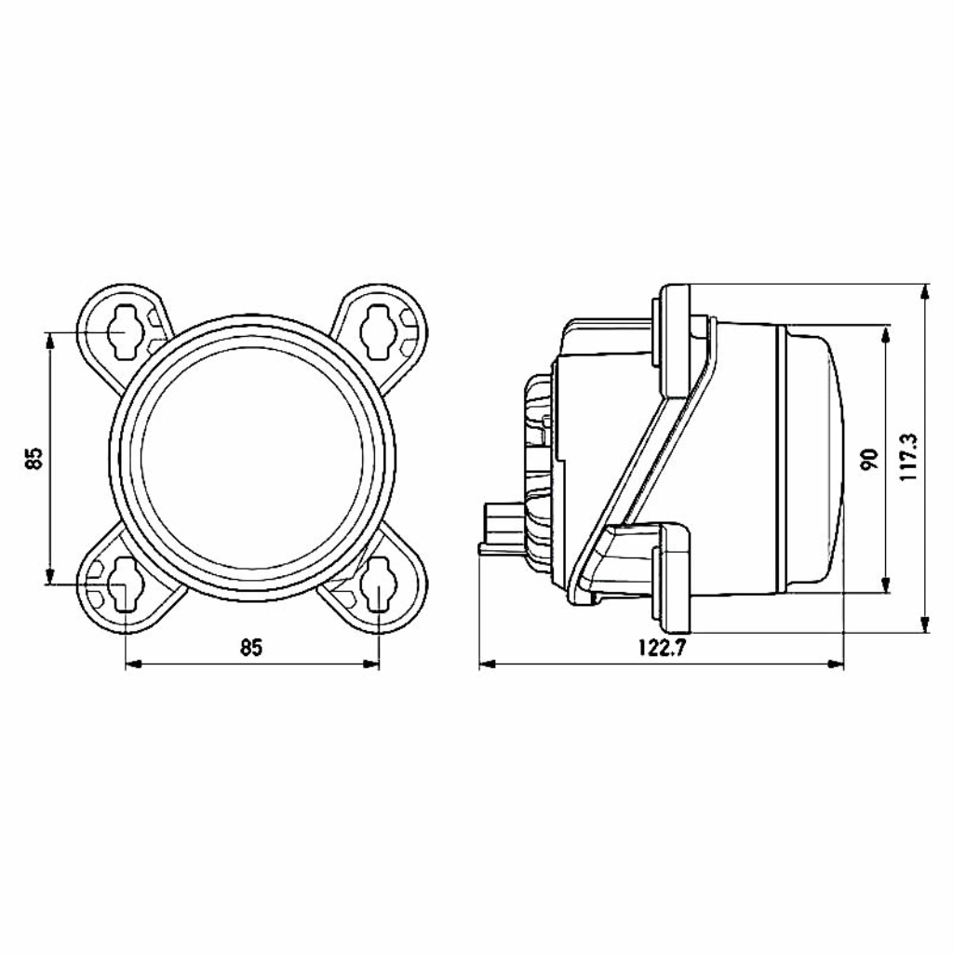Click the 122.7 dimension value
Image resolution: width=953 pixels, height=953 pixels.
pyautogui.click(x=662, y=648)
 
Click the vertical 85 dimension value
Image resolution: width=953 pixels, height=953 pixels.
pyautogui.click(x=34, y=458)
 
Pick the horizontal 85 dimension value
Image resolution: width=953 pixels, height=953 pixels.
pyautogui.click(x=250, y=648)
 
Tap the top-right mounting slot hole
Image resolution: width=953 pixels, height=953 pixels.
pyautogui.click(x=379, y=330)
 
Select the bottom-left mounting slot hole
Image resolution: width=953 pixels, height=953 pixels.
pyautogui.click(x=125, y=584)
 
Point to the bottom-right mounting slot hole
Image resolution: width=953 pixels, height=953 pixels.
pyautogui.click(x=379, y=584)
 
